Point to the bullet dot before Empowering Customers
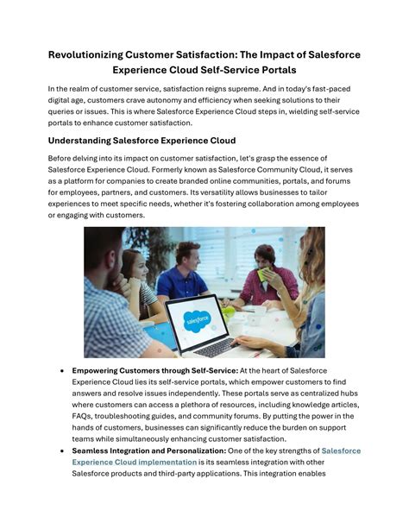tap(62, 370)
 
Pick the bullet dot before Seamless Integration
tap(62, 450)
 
